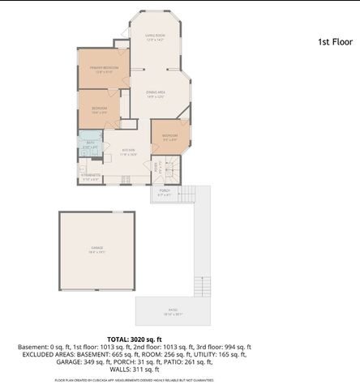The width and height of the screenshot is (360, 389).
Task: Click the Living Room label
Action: click(155, 36)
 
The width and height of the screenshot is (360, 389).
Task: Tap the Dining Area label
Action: click(156, 92)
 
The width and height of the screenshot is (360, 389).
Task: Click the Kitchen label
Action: click(128, 150)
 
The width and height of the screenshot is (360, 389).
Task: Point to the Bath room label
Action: click(91, 143)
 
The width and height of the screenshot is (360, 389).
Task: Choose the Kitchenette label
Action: click(91, 175)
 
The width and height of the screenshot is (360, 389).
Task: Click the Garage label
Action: click(97, 250)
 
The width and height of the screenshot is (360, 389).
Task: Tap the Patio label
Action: click(173, 311)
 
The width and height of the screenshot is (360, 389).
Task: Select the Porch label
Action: click(165, 192)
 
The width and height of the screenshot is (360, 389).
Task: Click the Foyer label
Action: click(156, 166)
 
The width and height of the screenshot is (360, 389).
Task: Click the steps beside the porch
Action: click(187, 194)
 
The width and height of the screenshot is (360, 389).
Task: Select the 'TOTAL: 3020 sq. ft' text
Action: click(135, 339)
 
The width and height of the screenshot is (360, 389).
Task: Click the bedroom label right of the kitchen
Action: click(169, 135)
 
